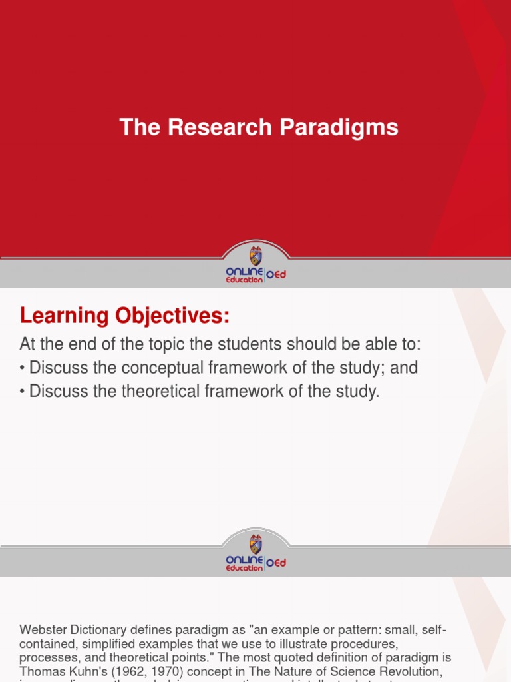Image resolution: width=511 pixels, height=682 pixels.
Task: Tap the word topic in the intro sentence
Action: click(x=158, y=344)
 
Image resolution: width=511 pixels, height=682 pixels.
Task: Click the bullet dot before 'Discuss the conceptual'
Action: click(x=23, y=368)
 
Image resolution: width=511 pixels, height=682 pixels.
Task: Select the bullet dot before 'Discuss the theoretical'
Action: click(x=23, y=392)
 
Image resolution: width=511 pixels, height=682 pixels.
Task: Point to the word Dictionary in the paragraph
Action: click(x=98, y=630)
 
